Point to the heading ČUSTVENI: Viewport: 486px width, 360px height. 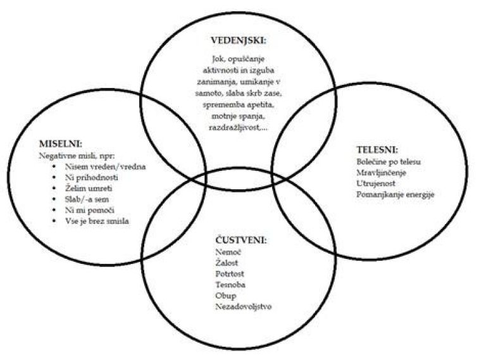[x=239, y=241]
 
